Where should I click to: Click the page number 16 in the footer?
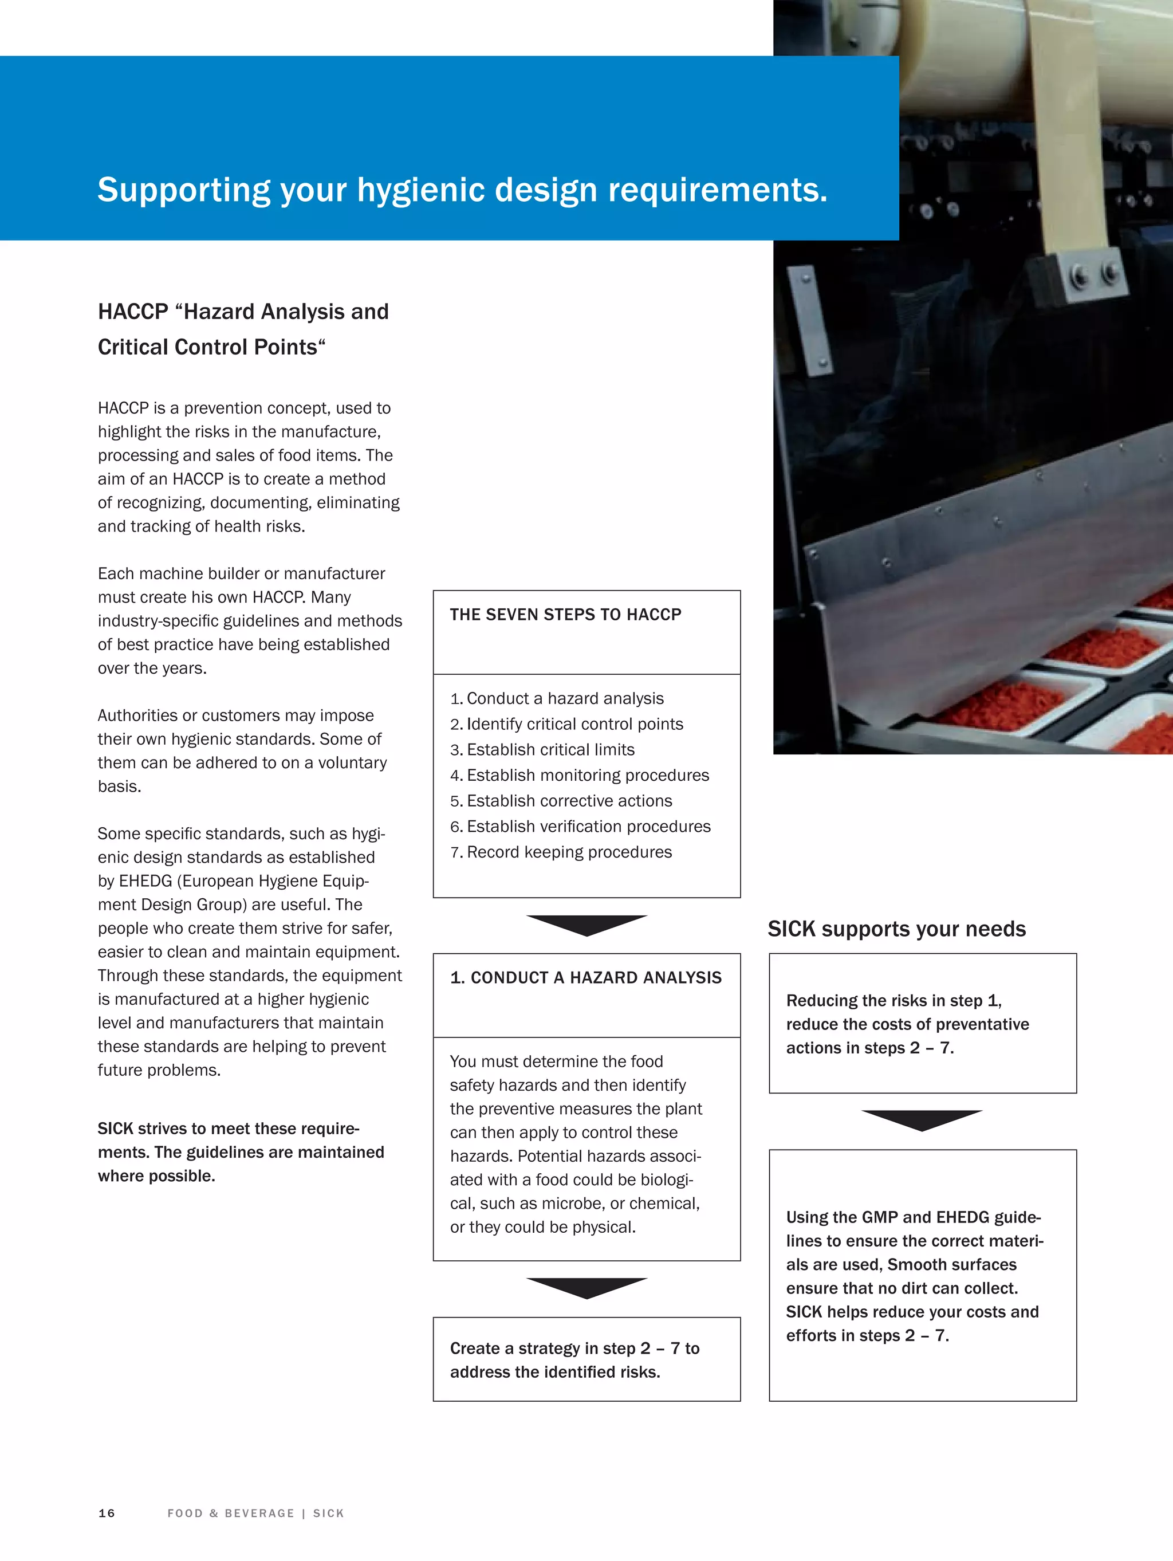coord(107,1513)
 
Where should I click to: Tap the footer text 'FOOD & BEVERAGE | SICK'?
coord(255,1513)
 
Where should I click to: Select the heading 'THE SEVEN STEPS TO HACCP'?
coord(565,615)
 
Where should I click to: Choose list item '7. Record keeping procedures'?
coord(561,852)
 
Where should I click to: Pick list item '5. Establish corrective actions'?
coord(561,801)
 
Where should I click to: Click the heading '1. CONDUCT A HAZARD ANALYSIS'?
coord(586,977)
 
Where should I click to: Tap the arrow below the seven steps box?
coord(586,924)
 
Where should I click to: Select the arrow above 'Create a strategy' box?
coord(586,1287)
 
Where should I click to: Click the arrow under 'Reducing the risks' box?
coord(922,1119)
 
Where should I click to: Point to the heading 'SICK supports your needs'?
coord(896,929)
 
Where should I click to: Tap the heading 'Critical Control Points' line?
coord(211,347)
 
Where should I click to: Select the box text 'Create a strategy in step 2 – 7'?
coord(574,1348)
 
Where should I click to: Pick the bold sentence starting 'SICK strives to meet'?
coord(229,1129)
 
